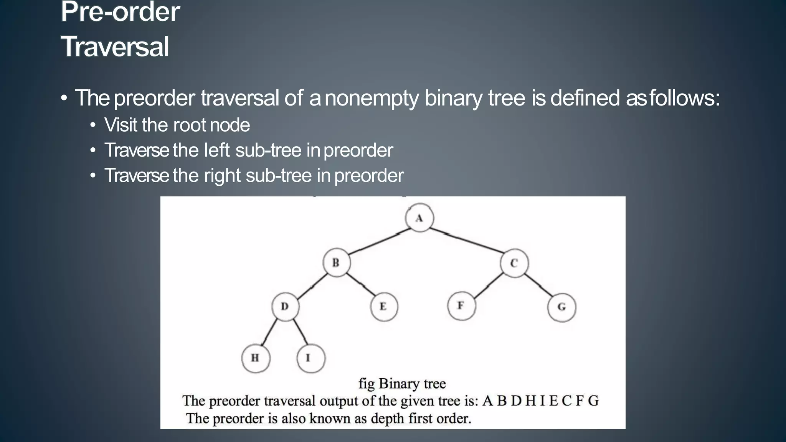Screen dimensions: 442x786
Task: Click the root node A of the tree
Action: coord(419,218)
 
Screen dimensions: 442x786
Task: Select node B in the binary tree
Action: coord(336,263)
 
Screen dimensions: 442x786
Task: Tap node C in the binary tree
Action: coord(514,263)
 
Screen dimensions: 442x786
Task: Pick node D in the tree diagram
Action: coord(285,307)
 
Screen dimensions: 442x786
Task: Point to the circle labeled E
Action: coord(384,307)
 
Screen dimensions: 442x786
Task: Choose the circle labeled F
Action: coord(461,306)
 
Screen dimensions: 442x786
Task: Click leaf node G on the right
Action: coord(561,307)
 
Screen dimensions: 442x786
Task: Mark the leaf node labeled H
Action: coord(256,358)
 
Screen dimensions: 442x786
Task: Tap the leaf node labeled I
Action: coord(310,358)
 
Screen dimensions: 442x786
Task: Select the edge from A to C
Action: coord(466,241)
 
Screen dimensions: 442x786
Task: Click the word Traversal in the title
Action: coord(115,46)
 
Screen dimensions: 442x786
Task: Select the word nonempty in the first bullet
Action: coord(372,98)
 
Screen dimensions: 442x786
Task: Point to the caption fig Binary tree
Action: coord(402,383)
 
